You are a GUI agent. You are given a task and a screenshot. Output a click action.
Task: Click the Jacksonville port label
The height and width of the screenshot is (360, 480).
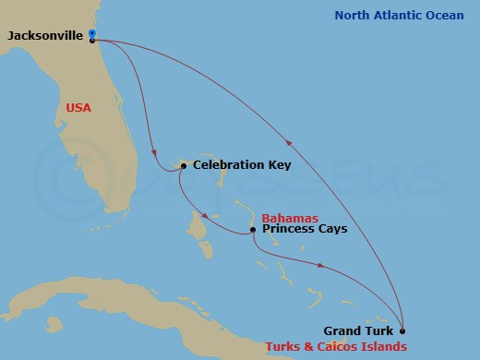click(45, 35)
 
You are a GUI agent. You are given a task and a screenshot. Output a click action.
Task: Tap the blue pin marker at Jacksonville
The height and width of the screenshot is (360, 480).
click(92, 34)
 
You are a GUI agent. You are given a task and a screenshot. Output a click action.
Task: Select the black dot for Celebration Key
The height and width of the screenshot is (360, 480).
click(184, 166)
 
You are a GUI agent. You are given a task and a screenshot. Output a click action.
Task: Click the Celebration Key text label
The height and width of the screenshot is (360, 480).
click(242, 166)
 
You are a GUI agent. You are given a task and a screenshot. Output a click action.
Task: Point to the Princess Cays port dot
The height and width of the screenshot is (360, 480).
click(252, 229)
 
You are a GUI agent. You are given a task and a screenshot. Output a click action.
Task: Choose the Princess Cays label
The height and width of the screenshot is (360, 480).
click(305, 229)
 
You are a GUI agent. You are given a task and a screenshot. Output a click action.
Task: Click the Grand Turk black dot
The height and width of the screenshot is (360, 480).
click(402, 330)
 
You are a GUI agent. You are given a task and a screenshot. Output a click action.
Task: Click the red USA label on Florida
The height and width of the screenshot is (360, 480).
click(79, 107)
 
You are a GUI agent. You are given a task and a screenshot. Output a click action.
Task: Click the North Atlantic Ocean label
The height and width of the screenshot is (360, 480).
click(399, 15)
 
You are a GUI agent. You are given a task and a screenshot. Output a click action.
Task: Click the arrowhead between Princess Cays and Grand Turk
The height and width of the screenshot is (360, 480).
click(320, 266)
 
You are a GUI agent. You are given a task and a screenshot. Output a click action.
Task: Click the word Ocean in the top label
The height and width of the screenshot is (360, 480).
click(444, 15)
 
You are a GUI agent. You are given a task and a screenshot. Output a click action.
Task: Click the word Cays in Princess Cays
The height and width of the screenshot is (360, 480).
click(332, 229)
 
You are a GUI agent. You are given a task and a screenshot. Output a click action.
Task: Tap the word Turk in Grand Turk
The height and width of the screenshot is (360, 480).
click(378, 330)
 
